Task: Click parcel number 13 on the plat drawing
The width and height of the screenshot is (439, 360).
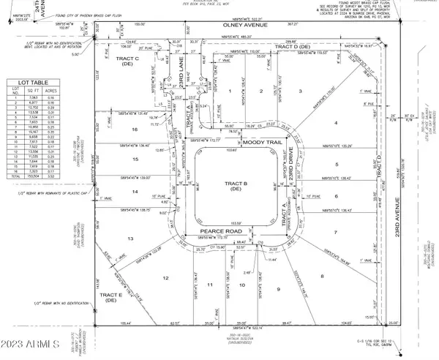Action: (x=131, y=239)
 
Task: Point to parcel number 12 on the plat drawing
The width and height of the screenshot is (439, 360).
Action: (x=165, y=278)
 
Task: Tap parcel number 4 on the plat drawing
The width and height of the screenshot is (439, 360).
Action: (x=336, y=122)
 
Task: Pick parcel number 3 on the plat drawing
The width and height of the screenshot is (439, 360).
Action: (x=300, y=91)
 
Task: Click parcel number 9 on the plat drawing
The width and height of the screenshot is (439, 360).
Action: (x=278, y=290)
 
